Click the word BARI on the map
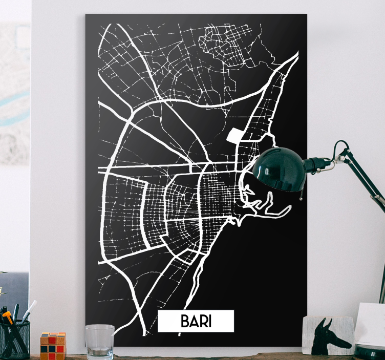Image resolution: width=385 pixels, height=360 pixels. tap(196, 321)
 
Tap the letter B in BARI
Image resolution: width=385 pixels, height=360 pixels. tap(185, 321)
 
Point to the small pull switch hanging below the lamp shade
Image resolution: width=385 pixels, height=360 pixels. tap(302, 196)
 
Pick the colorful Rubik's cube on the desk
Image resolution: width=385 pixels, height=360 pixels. tap(53, 346)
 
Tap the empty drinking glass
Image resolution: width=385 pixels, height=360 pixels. tap(100, 342)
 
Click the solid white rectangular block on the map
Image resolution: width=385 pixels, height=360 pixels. tap(234, 135)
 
